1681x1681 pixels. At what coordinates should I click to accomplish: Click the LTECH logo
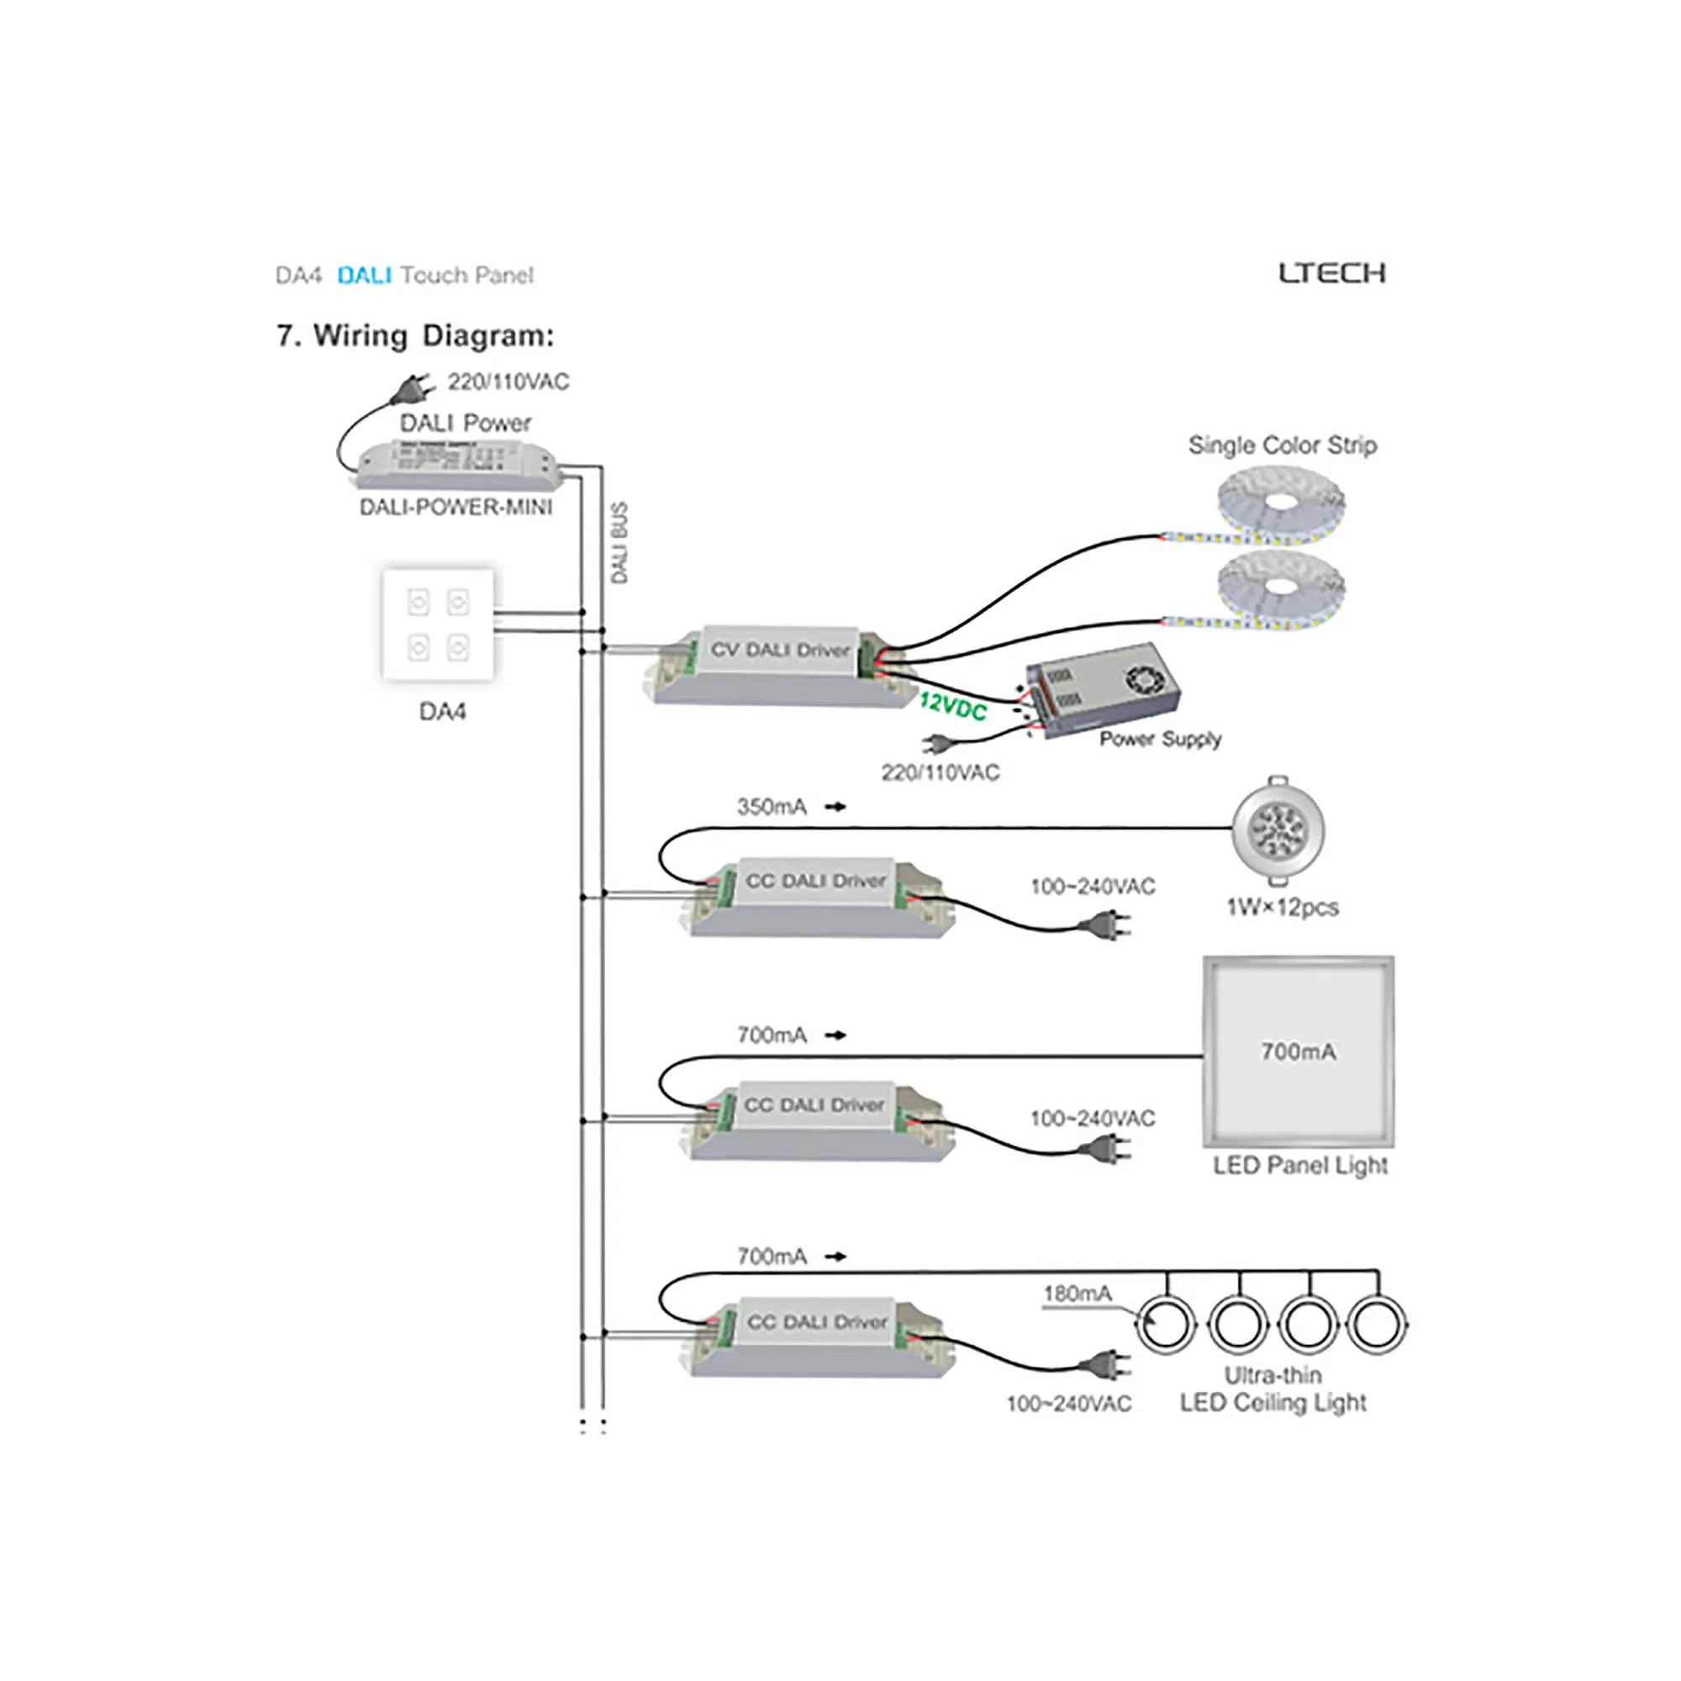point(1331,273)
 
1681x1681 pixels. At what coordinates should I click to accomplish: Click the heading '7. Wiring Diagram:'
point(415,336)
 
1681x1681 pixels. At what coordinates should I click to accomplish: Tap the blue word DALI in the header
point(364,276)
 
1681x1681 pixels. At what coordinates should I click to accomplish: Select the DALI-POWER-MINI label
point(456,508)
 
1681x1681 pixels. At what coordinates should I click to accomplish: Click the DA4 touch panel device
point(439,624)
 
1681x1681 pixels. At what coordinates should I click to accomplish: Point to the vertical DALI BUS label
point(619,543)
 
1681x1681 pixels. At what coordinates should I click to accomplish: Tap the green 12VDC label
point(953,706)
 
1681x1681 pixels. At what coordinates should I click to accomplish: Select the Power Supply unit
point(1104,688)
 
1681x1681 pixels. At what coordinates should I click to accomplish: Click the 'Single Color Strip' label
point(1283,445)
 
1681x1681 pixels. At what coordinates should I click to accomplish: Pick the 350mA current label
point(772,808)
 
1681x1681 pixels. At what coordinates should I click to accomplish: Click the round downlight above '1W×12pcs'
point(1278,830)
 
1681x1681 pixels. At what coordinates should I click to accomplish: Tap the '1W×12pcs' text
point(1283,908)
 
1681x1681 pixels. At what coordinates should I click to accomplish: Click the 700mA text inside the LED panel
point(1299,1052)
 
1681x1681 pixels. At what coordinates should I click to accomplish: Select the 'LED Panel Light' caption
point(1300,1165)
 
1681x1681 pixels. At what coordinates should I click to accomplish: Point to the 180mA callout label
point(1078,1294)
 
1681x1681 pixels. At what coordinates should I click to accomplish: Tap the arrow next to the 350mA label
point(835,808)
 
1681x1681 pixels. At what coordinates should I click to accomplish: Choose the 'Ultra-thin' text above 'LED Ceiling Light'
point(1273,1375)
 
